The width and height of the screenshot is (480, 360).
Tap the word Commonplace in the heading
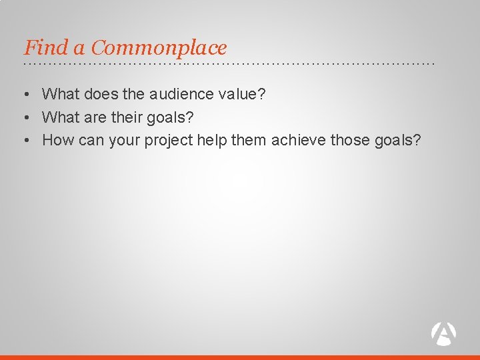[159, 48]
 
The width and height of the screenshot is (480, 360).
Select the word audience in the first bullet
[179, 95]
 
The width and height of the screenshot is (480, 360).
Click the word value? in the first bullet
[242, 95]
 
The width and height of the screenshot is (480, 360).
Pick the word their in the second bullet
[127, 117]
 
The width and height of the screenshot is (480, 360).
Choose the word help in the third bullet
[212, 140]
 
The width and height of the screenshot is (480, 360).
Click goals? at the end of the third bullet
[398, 140]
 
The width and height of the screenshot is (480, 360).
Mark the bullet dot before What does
[26, 95]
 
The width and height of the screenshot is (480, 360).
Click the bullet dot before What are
[26, 118]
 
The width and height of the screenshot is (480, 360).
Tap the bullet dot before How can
[26, 141]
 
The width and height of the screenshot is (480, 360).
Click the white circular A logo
[444, 333]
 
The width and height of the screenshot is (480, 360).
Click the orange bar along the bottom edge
[240, 357]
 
